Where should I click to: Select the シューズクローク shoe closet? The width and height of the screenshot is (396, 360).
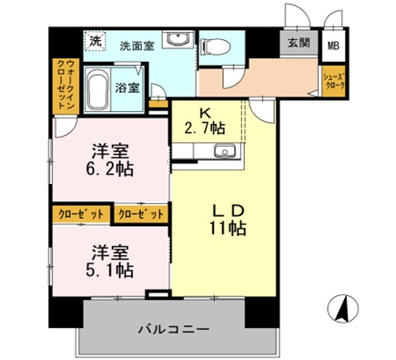(332, 82)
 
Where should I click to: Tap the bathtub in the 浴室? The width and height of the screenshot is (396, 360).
(100, 90)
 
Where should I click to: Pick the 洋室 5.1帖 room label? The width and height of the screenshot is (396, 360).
(102, 259)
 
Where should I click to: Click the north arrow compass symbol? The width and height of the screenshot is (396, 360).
(343, 310)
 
